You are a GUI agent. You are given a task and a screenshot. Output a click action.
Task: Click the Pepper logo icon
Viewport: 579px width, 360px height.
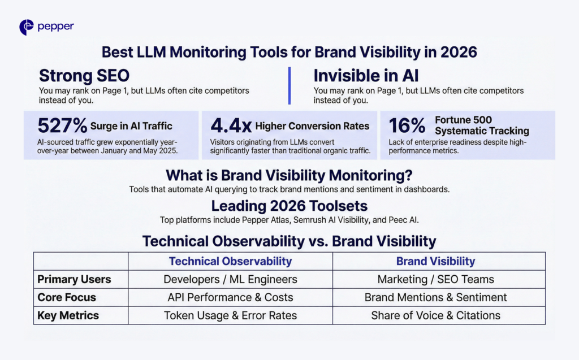click(27, 27)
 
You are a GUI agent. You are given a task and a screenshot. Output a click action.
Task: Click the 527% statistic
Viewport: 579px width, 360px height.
click(62, 125)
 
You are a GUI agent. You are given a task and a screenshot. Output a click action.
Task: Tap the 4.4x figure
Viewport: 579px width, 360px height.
click(231, 125)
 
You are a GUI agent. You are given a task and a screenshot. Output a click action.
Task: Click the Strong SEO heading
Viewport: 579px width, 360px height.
click(84, 76)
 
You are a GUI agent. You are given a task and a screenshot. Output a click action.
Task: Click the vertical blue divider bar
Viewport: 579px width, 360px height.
click(289, 85)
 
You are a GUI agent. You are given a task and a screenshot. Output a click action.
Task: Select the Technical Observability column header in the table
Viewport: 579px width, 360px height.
click(230, 261)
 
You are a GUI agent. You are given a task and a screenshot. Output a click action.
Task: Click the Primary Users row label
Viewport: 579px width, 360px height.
click(74, 279)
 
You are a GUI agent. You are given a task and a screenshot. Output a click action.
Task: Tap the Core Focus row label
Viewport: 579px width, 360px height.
click(67, 297)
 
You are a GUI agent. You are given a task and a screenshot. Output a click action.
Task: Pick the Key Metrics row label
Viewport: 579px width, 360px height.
click(68, 315)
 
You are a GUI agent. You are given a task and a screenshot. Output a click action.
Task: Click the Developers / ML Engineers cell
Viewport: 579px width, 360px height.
click(230, 279)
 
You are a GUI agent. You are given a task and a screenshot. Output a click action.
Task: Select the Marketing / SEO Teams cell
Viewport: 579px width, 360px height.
click(435, 279)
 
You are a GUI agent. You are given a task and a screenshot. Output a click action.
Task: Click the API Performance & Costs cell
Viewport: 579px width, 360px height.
click(230, 297)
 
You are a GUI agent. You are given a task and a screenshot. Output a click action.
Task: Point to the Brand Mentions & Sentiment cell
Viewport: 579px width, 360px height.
click(435, 297)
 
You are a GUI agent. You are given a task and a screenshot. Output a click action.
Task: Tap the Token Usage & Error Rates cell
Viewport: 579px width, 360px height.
click(230, 315)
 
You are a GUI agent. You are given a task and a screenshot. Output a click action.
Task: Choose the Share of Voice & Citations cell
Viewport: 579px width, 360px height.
click(435, 315)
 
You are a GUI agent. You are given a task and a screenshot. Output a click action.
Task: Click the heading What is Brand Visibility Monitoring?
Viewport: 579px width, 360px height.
click(289, 175)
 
